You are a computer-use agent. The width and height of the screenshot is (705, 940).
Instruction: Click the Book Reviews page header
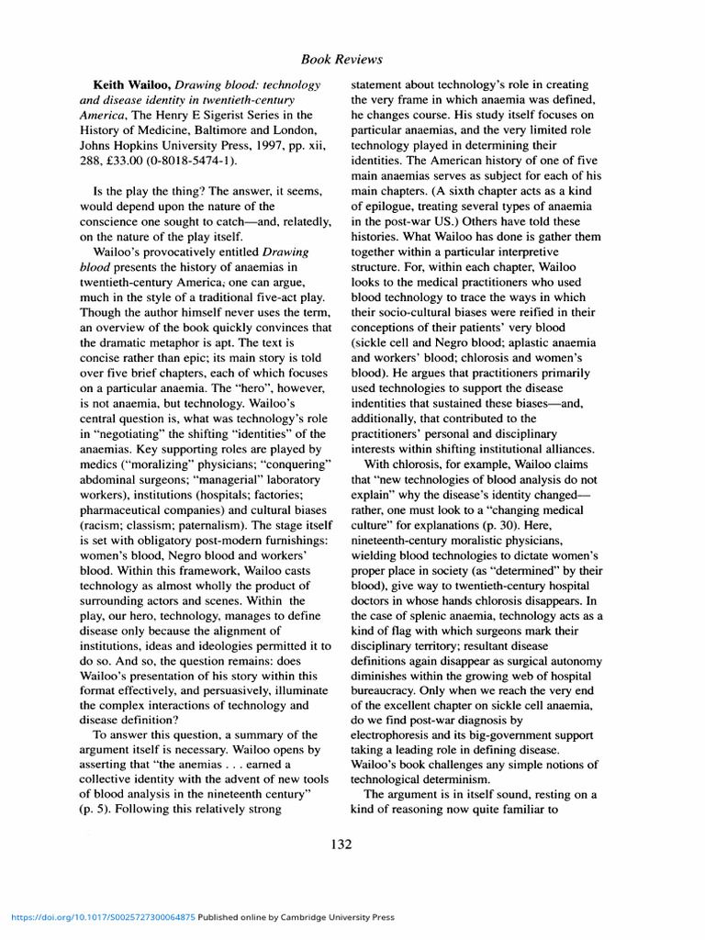341,60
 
